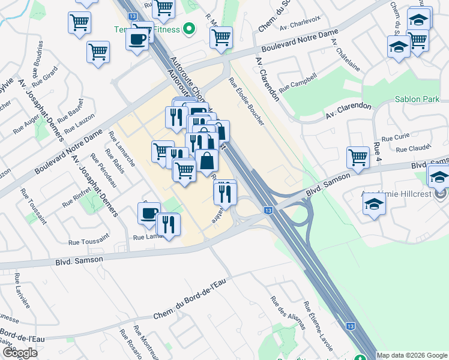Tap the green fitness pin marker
189,28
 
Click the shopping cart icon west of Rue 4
358,158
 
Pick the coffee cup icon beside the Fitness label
137,40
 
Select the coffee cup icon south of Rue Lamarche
149,214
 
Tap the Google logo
19,353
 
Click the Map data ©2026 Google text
412,355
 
